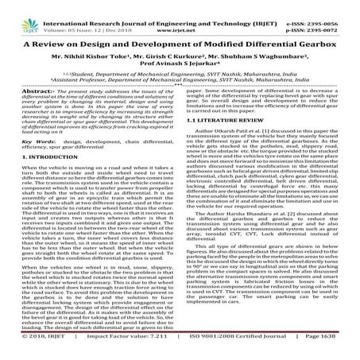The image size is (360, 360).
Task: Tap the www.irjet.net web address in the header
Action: pos(180,14)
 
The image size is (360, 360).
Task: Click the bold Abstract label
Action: pos(20,91)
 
